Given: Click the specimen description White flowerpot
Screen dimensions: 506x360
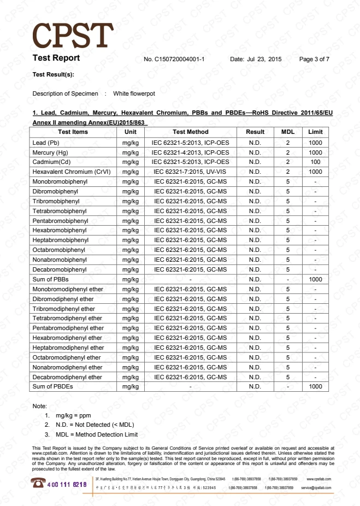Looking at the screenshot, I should [134, 93].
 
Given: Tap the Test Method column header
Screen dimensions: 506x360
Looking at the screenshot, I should [190, 132].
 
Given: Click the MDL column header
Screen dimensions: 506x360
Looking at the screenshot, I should [287, 132].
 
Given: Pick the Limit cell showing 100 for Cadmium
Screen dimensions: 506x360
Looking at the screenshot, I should [315, 162].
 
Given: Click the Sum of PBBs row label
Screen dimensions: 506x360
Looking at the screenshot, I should [50, 279].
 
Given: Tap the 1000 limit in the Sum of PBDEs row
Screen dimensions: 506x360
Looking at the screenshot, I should [315, 386].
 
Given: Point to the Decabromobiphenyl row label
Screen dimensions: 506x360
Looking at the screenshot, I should [60, 269].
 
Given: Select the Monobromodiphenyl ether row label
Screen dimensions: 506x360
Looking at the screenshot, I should [68, 289].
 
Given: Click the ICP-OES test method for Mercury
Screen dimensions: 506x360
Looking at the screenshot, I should [190, 152].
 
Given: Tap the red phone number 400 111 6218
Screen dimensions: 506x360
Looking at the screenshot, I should [67, 485].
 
